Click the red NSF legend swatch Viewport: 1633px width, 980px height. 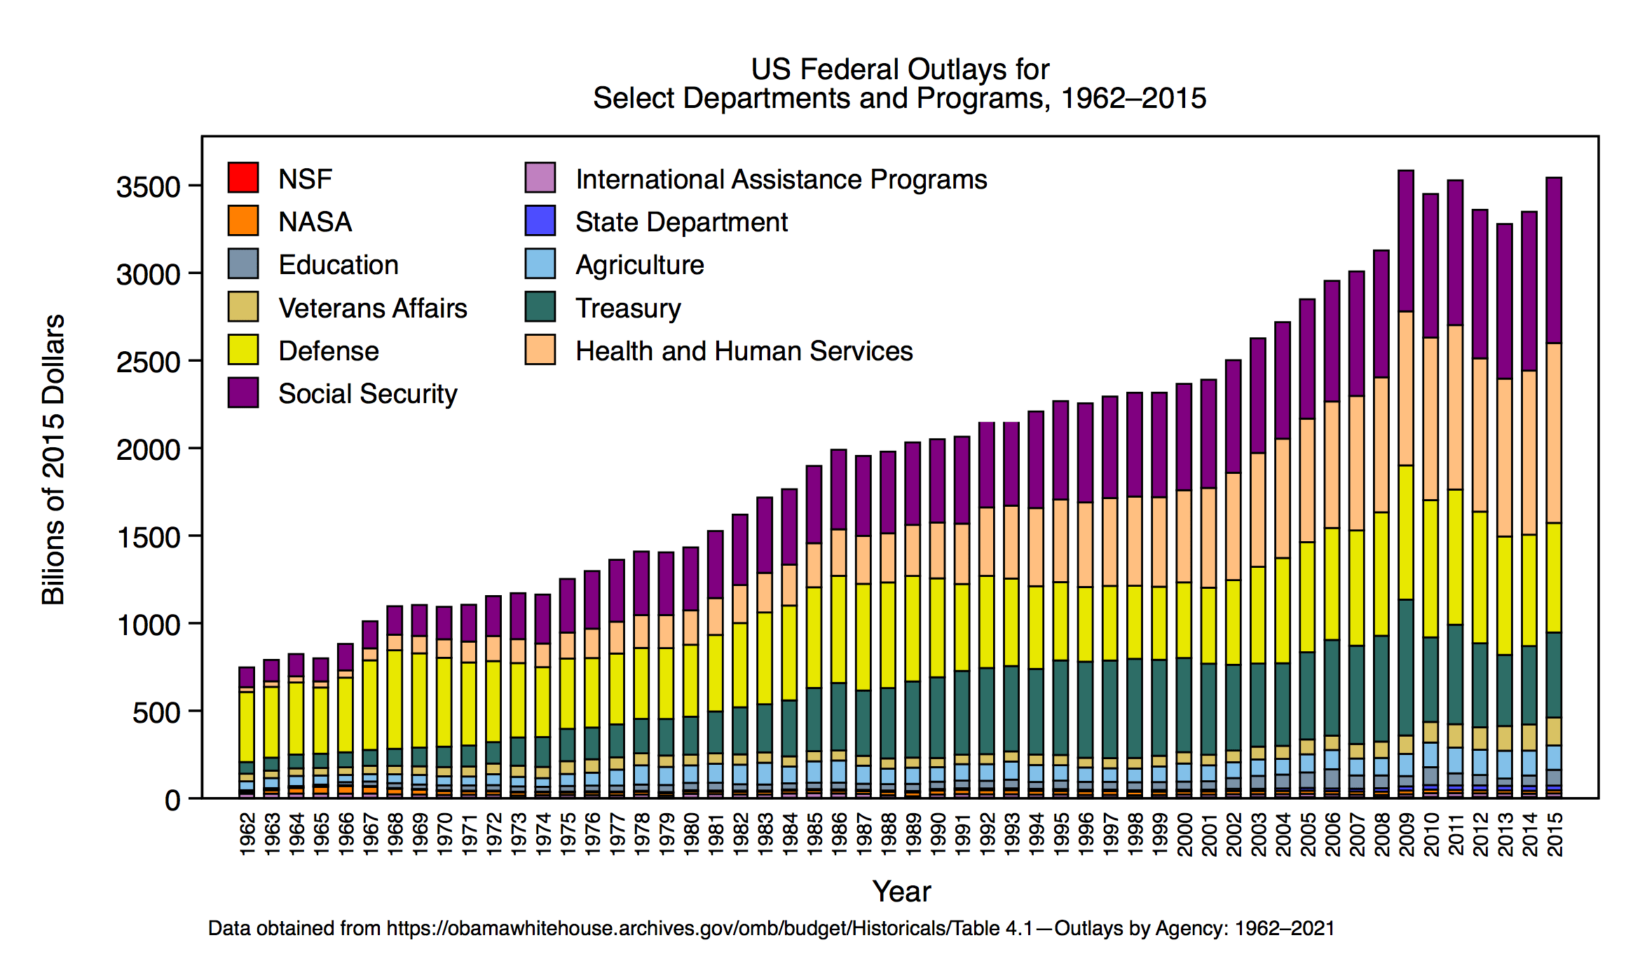[243, 177]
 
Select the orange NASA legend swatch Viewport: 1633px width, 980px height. [243, 221]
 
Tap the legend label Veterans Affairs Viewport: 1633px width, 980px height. [372, 308]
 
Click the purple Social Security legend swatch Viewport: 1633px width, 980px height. [243, 393]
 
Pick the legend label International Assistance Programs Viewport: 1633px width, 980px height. [781, 179]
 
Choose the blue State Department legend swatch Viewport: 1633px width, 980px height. [540, 221]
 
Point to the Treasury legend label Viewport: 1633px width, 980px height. [628, 308]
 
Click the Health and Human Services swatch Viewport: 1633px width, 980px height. [540, 350]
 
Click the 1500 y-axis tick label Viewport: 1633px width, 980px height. [149, 538]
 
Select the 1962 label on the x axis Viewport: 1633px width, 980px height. [247, 833]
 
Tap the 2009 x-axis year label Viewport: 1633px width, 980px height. [1406, 833]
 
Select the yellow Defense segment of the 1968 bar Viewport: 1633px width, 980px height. [395, 699]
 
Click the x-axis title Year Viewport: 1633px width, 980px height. [901, 892]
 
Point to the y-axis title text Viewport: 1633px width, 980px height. [53, 459]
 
